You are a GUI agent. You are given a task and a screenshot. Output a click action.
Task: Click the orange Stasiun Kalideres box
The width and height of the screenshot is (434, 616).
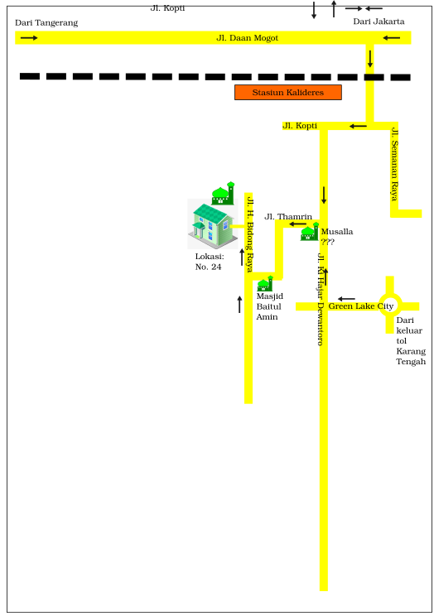pos(287,93)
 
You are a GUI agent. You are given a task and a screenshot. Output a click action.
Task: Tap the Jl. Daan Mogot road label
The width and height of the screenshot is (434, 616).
pos(248,38)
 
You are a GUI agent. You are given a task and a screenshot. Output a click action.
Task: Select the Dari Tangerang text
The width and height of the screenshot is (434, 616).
pos(46,23)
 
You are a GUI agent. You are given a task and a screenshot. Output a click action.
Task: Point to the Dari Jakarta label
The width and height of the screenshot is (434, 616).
pos(379,22)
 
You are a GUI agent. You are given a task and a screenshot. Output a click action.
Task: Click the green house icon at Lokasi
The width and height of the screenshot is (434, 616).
pos(213,224)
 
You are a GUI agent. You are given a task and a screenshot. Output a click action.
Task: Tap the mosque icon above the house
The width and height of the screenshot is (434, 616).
pos(223,193)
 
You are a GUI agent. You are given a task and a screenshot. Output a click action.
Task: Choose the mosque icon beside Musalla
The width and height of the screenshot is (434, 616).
pos(310,232)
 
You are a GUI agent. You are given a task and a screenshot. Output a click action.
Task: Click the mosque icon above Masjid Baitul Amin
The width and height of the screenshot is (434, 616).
pos(265,284)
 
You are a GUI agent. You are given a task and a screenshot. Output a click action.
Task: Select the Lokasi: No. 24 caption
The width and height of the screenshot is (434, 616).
pos(210,262)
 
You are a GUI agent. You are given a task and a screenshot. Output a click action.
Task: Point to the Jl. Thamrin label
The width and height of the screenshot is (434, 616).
pos(288,217)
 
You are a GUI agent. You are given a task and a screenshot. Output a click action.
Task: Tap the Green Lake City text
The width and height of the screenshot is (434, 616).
pos(361,306)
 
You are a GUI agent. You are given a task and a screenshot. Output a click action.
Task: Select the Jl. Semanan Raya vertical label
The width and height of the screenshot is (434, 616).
pos(395,163)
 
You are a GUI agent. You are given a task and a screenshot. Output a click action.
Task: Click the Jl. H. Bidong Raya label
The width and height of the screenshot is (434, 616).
pos(249,234)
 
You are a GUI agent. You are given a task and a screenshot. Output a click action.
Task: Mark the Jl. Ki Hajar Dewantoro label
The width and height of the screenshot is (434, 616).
pos(321,300)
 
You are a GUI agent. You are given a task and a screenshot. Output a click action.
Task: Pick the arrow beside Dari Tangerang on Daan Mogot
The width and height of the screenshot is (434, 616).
pos(29,38)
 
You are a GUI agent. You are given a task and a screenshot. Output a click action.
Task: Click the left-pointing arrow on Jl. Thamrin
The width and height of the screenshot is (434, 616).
pos(298,224)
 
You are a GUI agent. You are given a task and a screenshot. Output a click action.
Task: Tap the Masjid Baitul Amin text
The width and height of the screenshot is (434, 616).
pos(270,306)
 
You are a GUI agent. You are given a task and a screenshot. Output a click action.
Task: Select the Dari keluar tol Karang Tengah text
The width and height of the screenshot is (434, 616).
pos(411,341)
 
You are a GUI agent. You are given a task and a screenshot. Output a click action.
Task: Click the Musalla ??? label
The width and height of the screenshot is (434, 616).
pos(337,237)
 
